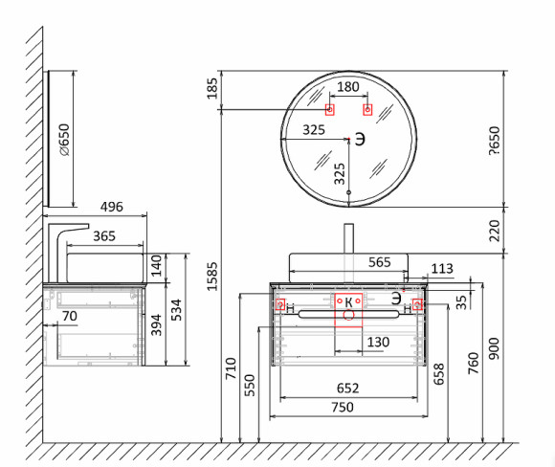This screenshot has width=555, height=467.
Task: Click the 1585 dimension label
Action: [x=212, y=277]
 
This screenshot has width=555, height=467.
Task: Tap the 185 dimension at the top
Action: [x=212, y=89]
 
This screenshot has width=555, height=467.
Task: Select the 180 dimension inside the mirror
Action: [x=348, y=87]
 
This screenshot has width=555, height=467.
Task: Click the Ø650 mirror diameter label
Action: [x=64, y=140]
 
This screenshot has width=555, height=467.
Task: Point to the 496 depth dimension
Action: [x=112, y=207]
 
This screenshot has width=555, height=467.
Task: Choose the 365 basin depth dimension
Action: [x=104, y=236]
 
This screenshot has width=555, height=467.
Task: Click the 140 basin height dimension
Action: [x=156, y=265]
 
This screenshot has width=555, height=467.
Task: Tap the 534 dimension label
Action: [x=176, y=310]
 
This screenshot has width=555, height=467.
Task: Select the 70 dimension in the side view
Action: [x=69, y=316]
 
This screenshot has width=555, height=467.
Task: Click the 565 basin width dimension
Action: [x=380, y=262]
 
